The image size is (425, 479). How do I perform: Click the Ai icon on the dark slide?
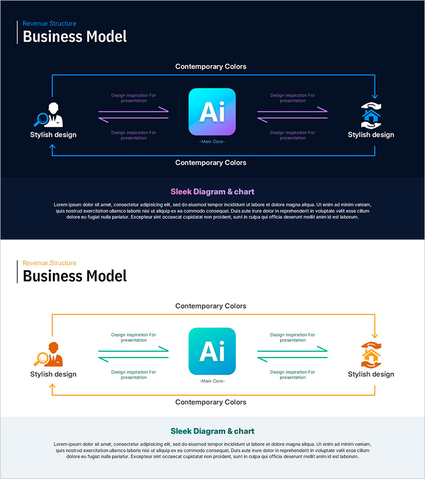(212, 112)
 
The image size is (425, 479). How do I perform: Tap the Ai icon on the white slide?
(212, 351)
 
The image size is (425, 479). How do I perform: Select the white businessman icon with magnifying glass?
(52, 114)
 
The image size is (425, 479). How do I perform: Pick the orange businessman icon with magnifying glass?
(52, 353)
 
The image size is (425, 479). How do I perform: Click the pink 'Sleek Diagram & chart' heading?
(212, 192)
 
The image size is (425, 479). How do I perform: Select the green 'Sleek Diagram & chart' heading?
(212, 431)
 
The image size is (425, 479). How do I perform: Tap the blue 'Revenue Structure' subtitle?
(49, 23)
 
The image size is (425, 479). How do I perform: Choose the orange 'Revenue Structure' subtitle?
(49, 263)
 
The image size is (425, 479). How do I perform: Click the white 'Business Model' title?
(75, 37)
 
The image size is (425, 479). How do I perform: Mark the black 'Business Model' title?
(75, 276)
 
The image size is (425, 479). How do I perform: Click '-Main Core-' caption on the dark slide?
(212, 142)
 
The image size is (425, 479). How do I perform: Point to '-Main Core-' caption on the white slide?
(212, 381)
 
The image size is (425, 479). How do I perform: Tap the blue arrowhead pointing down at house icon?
(375, 96)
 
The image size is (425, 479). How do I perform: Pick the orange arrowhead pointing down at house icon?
(375, 335)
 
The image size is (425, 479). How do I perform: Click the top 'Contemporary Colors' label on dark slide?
(211, 67)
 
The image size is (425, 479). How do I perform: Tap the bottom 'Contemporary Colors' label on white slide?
(211, 402)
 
